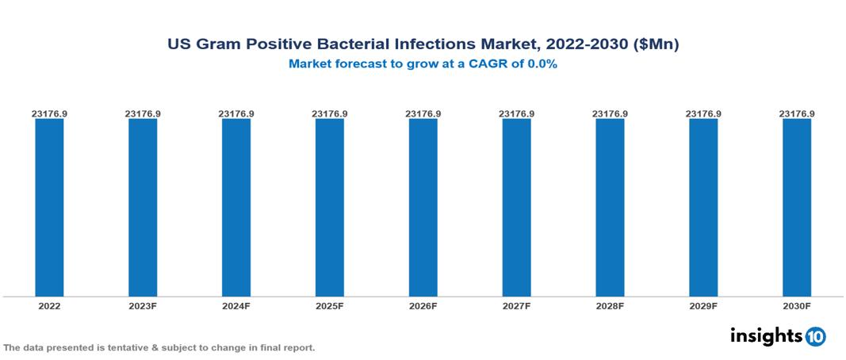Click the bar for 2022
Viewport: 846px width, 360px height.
(49, 207)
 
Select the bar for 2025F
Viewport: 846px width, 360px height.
(330, 207)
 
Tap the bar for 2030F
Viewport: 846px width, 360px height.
(797, 207)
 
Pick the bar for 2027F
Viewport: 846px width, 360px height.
(516, 207)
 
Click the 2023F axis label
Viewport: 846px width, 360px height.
(143, 306)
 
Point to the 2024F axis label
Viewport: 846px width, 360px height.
(236, 306)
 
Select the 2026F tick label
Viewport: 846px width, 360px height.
(423, 306)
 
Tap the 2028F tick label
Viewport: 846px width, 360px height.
(610, 306)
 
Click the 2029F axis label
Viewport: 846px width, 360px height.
(703, 306)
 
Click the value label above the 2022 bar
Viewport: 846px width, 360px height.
(49, 114)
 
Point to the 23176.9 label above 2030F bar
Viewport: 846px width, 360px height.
(797, 114)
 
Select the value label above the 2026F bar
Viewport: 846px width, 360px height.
(423, 114)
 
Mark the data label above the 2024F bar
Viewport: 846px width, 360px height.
(236, 114)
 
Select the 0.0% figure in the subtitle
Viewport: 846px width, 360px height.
(540, 64)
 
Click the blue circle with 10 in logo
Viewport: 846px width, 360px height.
(816, 336)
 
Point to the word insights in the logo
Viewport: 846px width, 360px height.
(767, 335)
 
